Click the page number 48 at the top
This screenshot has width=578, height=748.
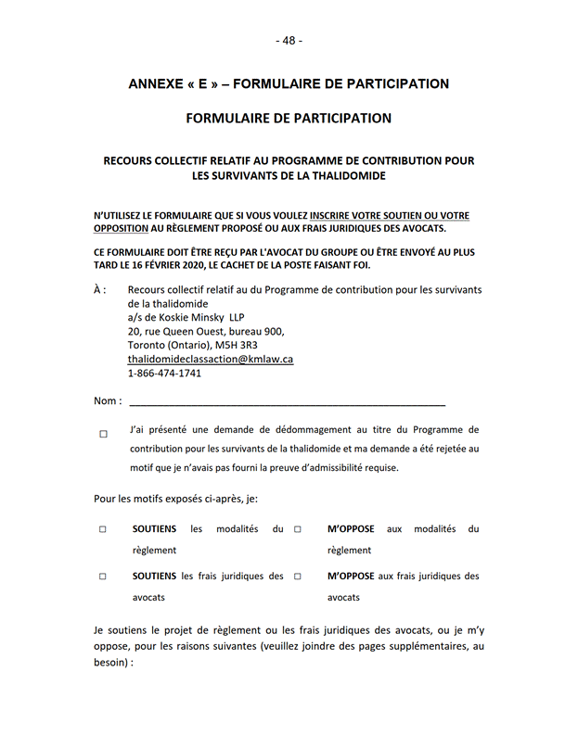click(289, 41)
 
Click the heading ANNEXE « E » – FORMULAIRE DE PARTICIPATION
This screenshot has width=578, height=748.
click(289, 84)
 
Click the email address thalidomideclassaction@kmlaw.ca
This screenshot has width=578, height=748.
click(211, 359)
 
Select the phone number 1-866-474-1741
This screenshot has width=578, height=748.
click(164, 374)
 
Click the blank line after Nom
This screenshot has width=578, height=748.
click(288, 402)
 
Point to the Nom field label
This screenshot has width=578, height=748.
click(106, 401)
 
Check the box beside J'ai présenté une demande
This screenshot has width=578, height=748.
click(103, 433)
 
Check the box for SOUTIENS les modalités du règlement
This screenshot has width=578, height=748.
click(103, 529)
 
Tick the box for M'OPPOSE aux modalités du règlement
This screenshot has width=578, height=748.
click(298, 529)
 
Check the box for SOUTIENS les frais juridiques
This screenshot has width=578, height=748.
click(103, 577)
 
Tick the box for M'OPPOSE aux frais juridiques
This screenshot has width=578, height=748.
click(298, 577)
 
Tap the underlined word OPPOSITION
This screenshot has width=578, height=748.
click(122, 229)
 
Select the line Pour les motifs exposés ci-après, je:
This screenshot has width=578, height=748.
click(175, 499)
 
